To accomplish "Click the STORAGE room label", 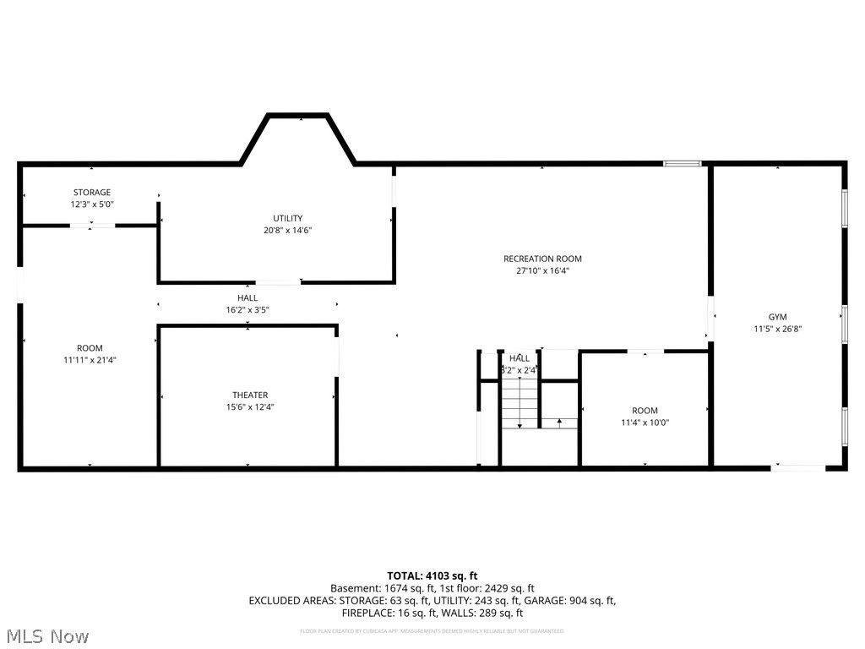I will click(x=91, y=193).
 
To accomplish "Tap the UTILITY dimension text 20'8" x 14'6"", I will click(x=287, y=230).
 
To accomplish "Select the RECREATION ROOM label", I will click(x=542, y=259).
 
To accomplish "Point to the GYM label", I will click(x=777, y=317).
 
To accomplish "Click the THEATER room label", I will click(x=250, y=395).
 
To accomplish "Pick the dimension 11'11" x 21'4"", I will click(x=90, y=359).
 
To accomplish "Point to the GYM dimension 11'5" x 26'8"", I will click(x=777, y=329).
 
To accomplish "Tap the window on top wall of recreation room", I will click(x=683, y=163).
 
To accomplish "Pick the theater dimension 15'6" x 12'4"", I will click(x=250, y=406).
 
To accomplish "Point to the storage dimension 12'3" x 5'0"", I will click(x=91, y=205).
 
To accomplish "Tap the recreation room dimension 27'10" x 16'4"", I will click(x=542, y=271).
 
